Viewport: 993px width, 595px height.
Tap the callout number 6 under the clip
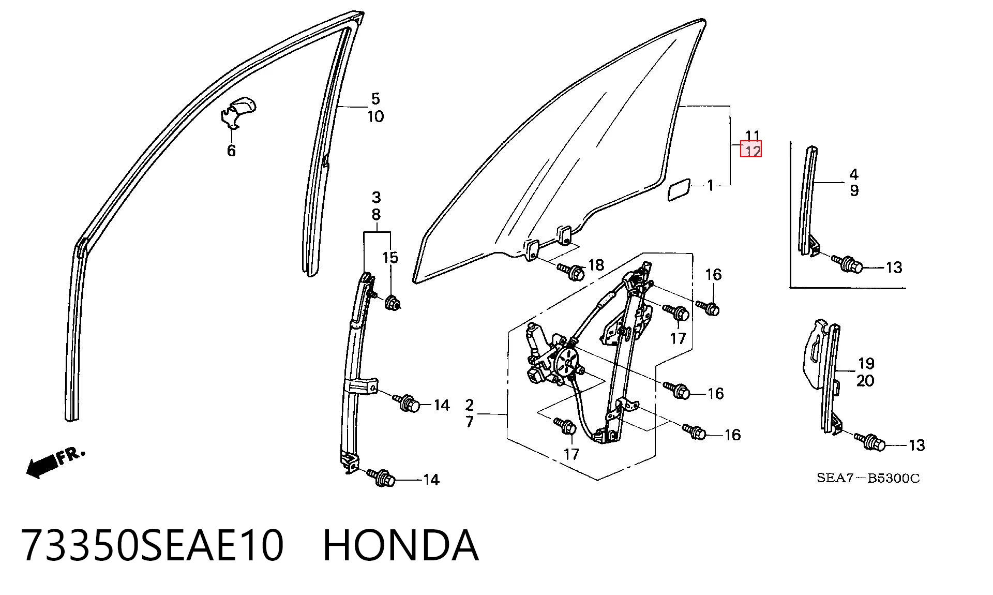(x=232, y=151)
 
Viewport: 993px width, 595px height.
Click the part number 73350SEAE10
(x=153, y=545)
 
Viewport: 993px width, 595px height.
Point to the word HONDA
(x=401, y=545)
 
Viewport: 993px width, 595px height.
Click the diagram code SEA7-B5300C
(x=868, y=478)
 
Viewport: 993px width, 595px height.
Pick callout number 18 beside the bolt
(x=596, y=265)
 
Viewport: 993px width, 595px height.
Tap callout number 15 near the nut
(x=390, y=258)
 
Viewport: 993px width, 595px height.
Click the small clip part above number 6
(x=238, y=112)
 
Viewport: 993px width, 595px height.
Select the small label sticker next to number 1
(x=679, y=189)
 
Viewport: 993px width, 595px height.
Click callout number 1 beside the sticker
(x=711, y=185)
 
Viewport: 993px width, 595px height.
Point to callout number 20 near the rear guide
(x=865, y=381)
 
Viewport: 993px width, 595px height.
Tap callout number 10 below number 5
(x=375, y=116)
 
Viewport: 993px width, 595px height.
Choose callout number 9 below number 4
(x=854, y=191)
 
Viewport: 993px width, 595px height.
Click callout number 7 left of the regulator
(x=470, y=422)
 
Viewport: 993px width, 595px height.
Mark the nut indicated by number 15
(x=393, y=301)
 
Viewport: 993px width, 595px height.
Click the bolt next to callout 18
(x=571, y=271)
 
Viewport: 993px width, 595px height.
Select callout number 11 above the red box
(x=752, y=136)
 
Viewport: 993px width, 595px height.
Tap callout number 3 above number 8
(x=376, y=197)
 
